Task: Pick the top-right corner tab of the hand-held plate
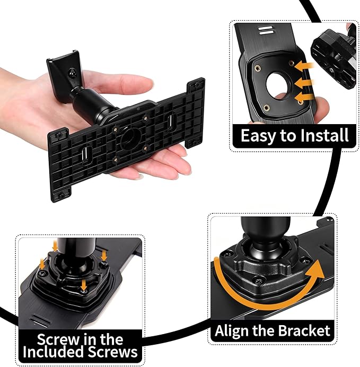(x=197, y=85)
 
